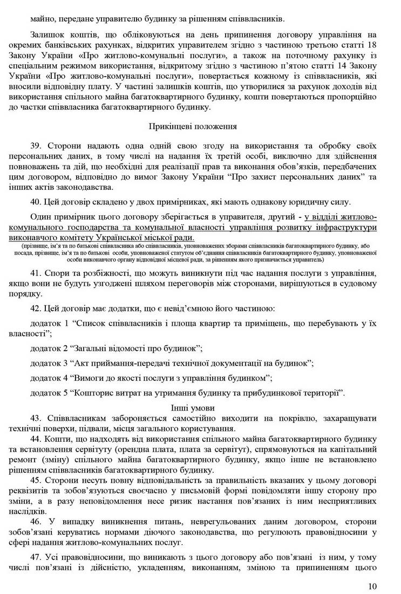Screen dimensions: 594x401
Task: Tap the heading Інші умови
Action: tap(193, 408)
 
